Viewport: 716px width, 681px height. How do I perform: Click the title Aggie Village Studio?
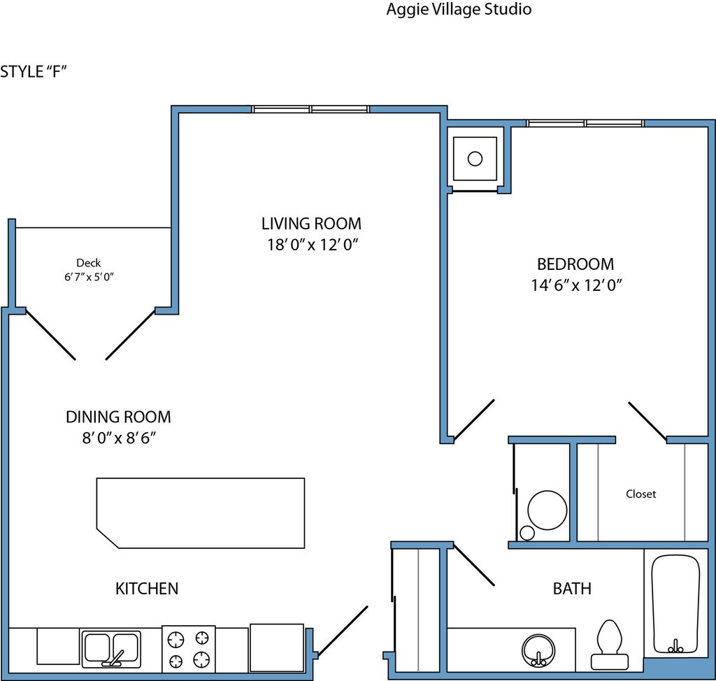459,9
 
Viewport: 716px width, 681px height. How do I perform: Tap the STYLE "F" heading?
34,72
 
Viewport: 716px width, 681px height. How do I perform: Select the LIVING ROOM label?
311,224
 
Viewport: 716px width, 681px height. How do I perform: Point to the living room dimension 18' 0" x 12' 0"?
313,245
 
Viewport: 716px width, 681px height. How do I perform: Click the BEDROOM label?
575,264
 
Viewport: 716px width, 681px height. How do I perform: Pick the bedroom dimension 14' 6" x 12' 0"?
576,285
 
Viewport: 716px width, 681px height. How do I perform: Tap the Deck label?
89,263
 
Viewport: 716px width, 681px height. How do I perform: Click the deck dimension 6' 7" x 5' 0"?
89,277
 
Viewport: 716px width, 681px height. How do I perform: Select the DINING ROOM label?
118,417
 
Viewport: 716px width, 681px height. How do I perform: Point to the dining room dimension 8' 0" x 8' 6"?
119,438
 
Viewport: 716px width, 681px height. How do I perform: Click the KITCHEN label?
147,588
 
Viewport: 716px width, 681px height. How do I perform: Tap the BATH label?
572,588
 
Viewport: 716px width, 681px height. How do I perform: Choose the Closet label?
640,494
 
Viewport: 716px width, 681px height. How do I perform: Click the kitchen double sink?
111,649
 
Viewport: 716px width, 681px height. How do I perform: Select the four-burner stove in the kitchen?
189,649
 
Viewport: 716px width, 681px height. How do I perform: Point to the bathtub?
675,604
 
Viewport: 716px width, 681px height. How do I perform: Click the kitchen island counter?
201,513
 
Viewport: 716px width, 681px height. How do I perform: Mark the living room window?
310,109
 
